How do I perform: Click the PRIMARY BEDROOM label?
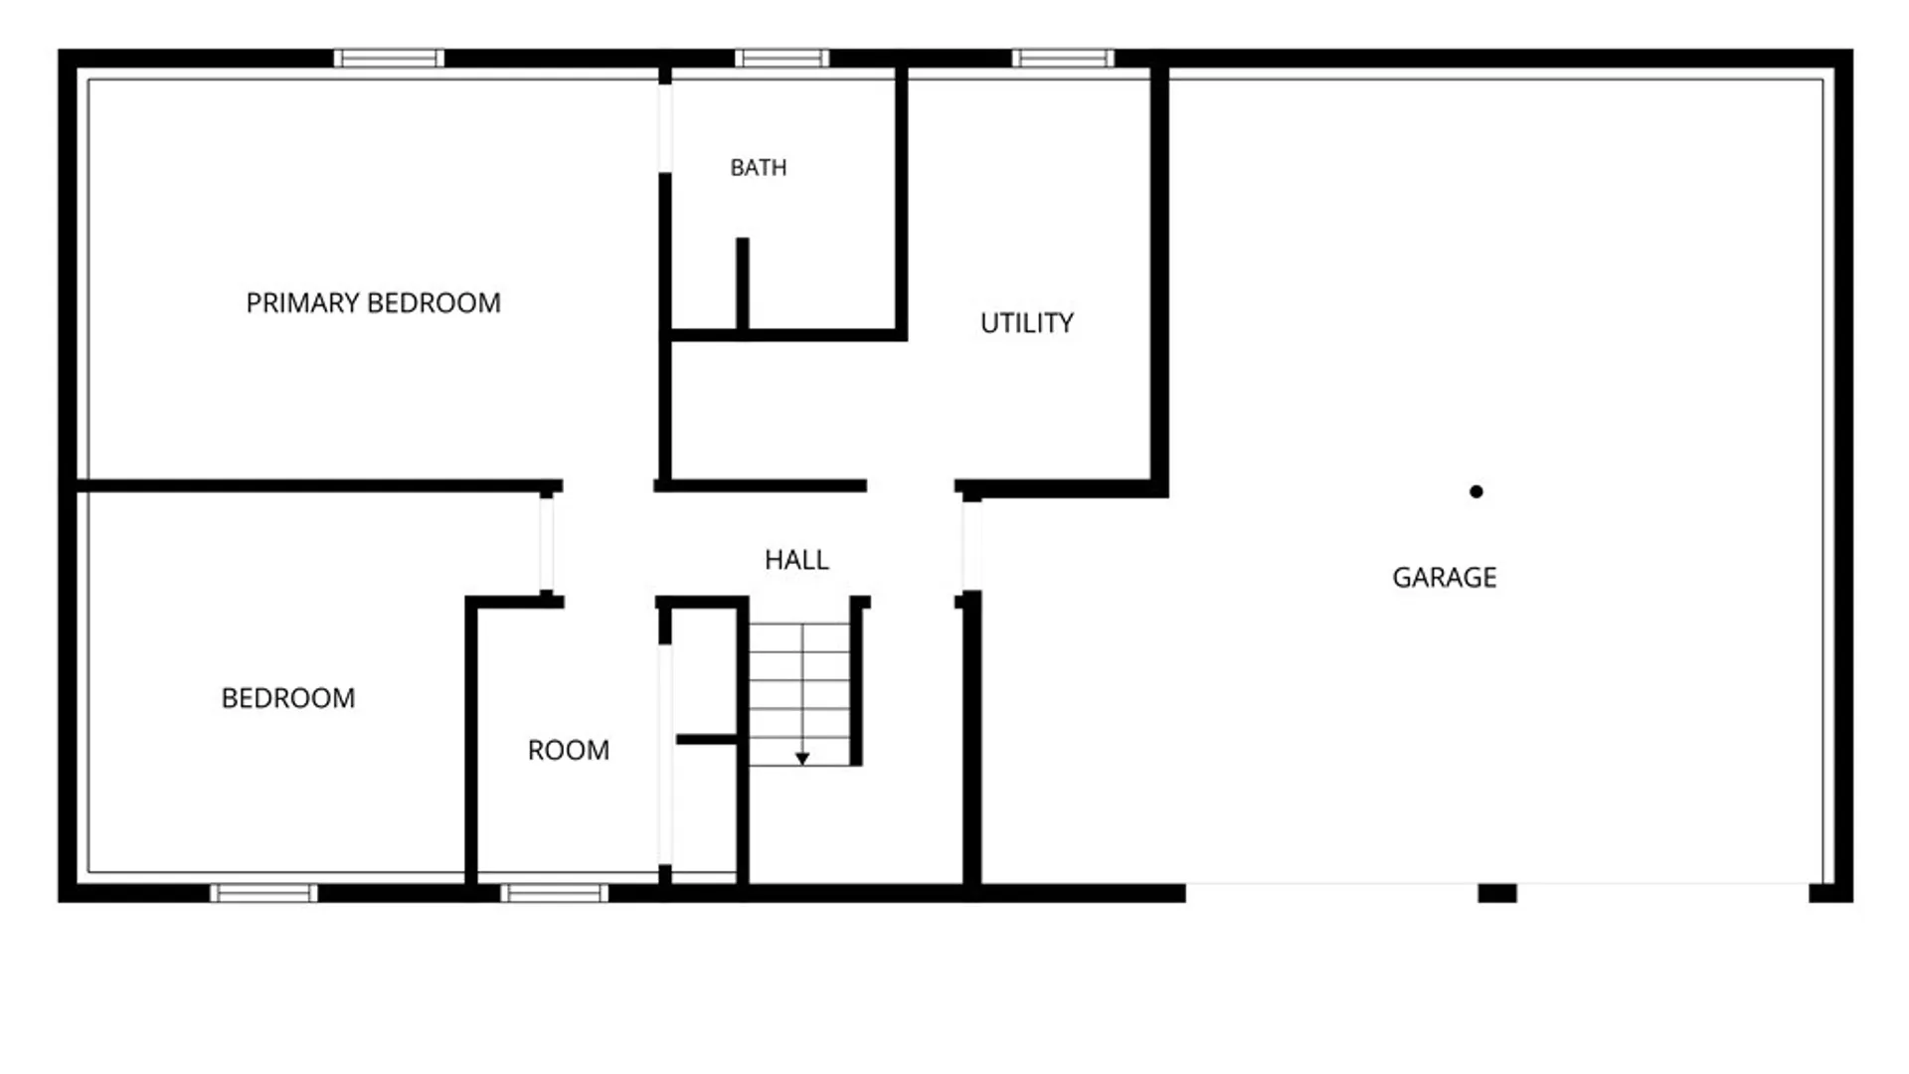click(373, 302)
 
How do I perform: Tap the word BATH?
click(759, 168)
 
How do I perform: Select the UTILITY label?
click(1027, 323)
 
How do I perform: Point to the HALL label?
click(796, 560)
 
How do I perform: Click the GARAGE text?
click(1445, 578)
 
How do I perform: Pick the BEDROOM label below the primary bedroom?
click(288, 698)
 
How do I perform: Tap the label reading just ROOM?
click(569, 750)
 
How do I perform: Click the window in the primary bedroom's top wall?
click(389, 59)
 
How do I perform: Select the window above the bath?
click(781, 59)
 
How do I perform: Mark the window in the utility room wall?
click(1063, 59)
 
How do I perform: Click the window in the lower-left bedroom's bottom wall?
click(264, 893)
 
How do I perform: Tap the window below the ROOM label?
click(554, 893)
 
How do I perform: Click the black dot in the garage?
click(1476, 491)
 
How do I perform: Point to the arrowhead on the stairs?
click(802, 760)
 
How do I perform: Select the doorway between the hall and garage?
click(972, 546)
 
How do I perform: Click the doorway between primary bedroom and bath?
click(665, 128)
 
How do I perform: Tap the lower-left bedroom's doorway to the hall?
click(547, 544)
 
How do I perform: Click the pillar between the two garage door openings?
click(1497, 893)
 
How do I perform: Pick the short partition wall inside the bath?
click(743, 283)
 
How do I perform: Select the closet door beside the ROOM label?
click(665, 755)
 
